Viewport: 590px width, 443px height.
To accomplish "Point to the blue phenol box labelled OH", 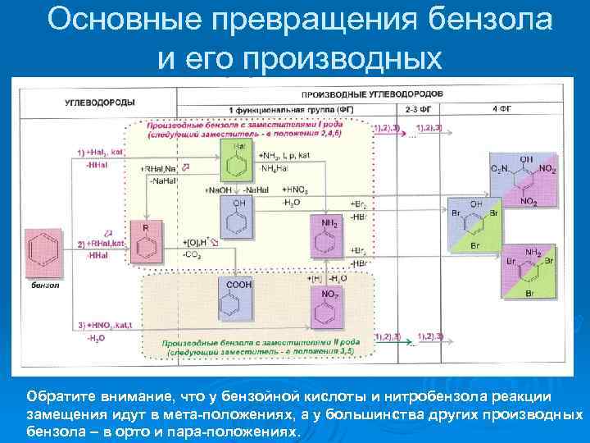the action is [x=238, y=216].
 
